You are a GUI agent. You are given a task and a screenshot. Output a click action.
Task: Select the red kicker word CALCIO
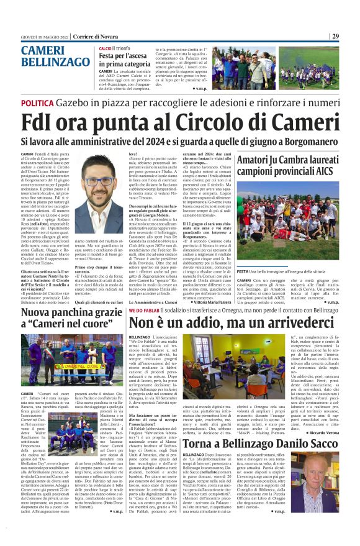[x=105, y=48]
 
